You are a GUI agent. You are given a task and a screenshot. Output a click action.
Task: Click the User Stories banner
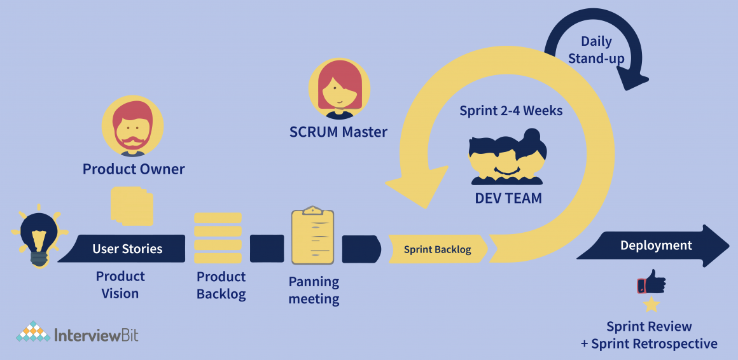(127, 249)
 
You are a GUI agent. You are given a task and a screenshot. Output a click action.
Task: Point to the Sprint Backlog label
(437, 249)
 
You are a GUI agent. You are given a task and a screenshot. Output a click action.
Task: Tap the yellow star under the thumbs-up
(651, 305)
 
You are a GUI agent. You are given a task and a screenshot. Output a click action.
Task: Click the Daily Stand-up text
(596, 50)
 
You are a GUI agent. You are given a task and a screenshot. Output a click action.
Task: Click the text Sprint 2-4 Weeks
(511, 111)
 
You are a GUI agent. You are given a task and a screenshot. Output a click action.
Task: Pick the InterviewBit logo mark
(33, 332)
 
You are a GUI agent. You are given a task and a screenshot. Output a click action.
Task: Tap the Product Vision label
(120, 285)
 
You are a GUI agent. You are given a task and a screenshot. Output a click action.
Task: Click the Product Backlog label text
(221, 286)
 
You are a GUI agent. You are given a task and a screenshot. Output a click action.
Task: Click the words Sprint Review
(649, 327)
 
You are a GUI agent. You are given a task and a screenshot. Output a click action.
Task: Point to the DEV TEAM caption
(508, 198)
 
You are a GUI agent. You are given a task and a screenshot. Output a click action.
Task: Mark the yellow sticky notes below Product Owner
(132, 205)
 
